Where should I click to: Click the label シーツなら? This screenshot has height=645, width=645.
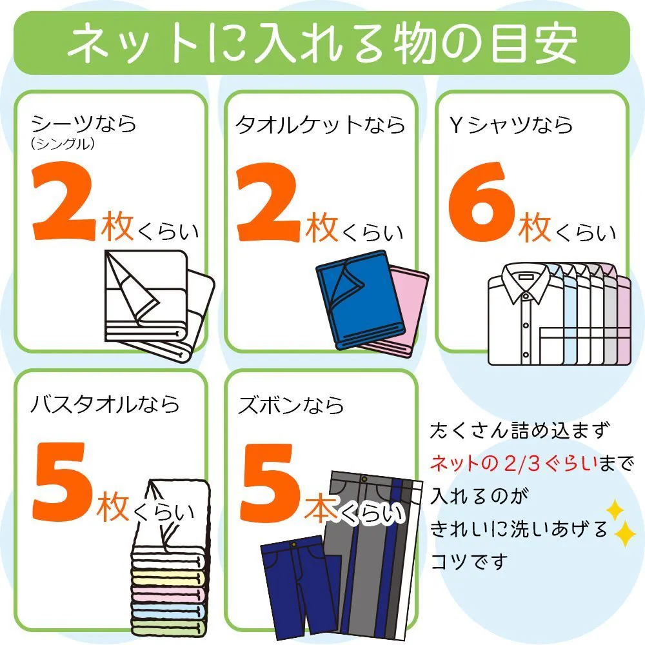(x=84, y=123)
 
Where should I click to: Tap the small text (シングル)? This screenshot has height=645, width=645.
(x=63, y=144)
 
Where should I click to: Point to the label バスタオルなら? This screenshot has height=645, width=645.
(x=105, y=404)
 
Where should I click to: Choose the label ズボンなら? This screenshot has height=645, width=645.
(x=291, y=404)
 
